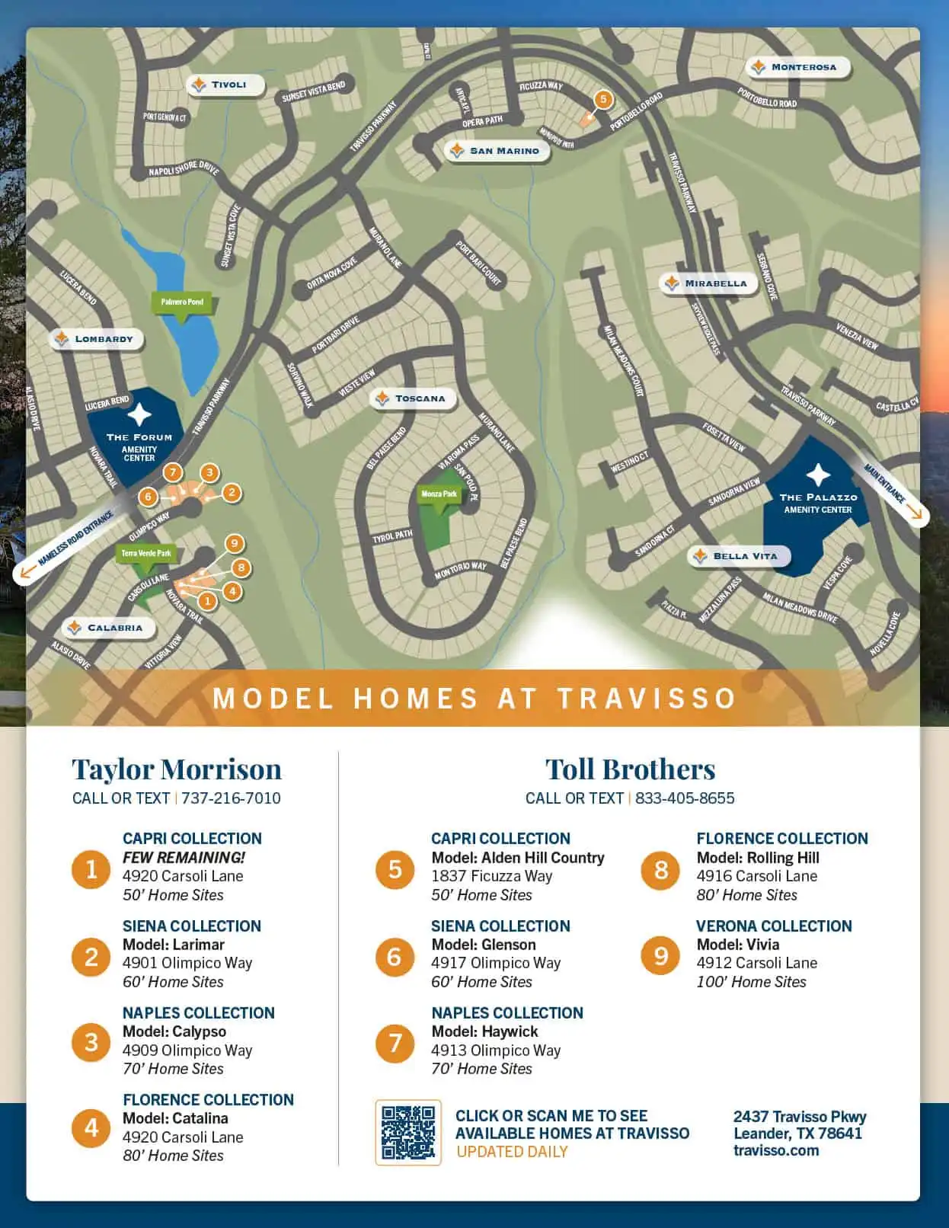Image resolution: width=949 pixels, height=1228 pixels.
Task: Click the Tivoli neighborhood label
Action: coord(225,85)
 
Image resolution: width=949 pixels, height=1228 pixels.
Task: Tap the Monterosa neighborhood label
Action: coord(797,67)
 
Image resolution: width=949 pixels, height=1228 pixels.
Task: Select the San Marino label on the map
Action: coord(497,151)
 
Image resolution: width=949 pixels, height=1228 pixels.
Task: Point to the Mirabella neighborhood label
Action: coord(708,283)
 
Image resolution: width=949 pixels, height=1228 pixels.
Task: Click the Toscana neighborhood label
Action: coord(413,398)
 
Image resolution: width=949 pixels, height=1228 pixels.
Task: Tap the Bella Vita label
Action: coord(739,556)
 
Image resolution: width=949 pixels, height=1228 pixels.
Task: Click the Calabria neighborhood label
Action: coord(108,628)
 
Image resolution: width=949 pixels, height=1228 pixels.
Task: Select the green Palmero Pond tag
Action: coord(182,302)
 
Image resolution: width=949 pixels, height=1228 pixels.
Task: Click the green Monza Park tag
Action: coord(439,494)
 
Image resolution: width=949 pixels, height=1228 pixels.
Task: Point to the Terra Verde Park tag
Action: coord(146,553)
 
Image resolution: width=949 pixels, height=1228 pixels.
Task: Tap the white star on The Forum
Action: coord(139,415)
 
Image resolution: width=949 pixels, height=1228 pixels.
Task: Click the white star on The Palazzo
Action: coord(818,475)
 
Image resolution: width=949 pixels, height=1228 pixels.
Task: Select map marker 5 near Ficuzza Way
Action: coord(603,99)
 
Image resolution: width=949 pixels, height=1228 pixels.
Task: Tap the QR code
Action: coord(408,1132)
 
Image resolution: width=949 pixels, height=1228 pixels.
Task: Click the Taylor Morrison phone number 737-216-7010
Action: coord(231,798)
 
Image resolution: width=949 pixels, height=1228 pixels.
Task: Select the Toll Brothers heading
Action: coord(630,769)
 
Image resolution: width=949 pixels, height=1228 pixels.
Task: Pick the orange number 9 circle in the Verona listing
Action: coord(660,955)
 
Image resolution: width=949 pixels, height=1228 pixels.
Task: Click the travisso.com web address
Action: coord(776,1150)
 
